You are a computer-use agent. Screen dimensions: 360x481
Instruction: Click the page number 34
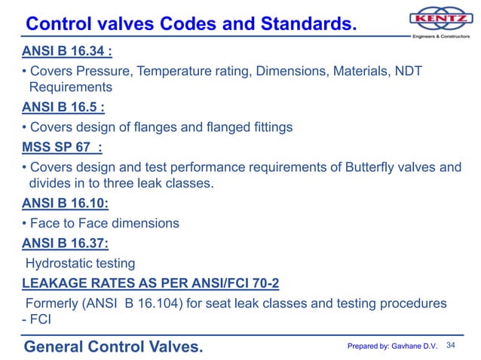click(x=452, y=345)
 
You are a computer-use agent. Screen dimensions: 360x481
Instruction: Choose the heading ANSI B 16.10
click(x=64, y=203)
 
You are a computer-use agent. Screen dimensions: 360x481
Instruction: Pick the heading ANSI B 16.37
click(x=64, y=243)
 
